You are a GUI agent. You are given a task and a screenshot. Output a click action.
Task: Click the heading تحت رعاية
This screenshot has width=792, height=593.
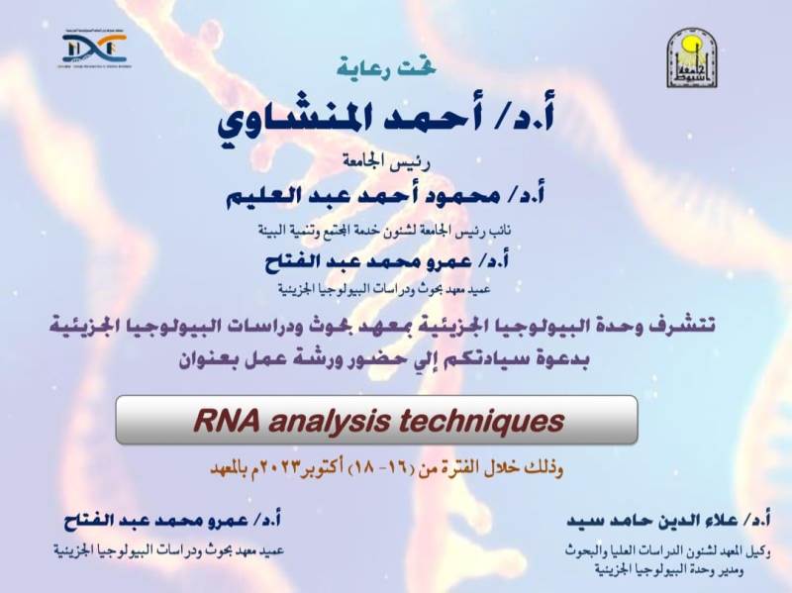[x=396, y=69]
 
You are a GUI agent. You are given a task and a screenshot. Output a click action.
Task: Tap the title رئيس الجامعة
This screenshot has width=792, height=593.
[x=395, y=159]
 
